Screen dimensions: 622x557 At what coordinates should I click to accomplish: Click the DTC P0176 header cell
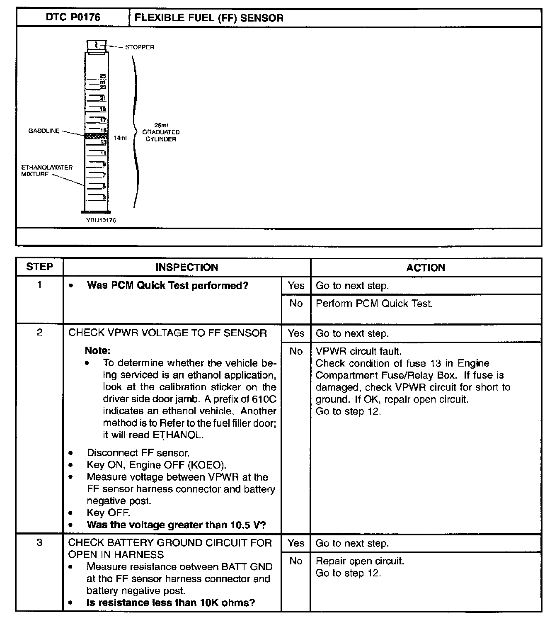[73, 17]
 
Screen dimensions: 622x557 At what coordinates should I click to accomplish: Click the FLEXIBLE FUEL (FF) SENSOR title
[209, 18]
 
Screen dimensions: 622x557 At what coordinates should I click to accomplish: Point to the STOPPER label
[139, 47]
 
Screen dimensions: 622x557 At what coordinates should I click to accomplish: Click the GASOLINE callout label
[44, 131]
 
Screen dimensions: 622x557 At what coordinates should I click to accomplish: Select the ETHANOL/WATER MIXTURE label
[47, 171]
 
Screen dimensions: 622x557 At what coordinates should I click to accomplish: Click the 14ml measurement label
[120, 138]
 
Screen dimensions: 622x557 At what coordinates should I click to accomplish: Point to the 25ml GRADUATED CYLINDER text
[161, 132]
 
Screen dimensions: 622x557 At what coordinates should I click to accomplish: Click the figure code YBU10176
[101, 220]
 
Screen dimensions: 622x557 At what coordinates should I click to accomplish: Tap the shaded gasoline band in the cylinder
[96, 136]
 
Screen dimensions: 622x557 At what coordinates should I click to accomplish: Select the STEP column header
[39, 267]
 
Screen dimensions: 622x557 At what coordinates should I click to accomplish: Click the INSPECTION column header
[186, 267]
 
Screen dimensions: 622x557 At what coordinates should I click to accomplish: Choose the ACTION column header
[426, 267]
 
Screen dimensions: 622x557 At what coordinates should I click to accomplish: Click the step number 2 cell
[39, 333]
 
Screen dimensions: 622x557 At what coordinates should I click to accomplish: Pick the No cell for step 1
[296, 304]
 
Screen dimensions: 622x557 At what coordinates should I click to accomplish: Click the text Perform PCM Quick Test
[374, 304]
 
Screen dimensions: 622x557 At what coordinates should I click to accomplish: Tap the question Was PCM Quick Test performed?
[167, 286]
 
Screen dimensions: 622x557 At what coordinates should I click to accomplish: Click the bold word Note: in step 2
[97, 350]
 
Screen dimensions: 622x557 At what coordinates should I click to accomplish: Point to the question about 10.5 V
[176, 525]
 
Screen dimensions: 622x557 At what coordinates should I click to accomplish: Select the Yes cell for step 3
[296, 543]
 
